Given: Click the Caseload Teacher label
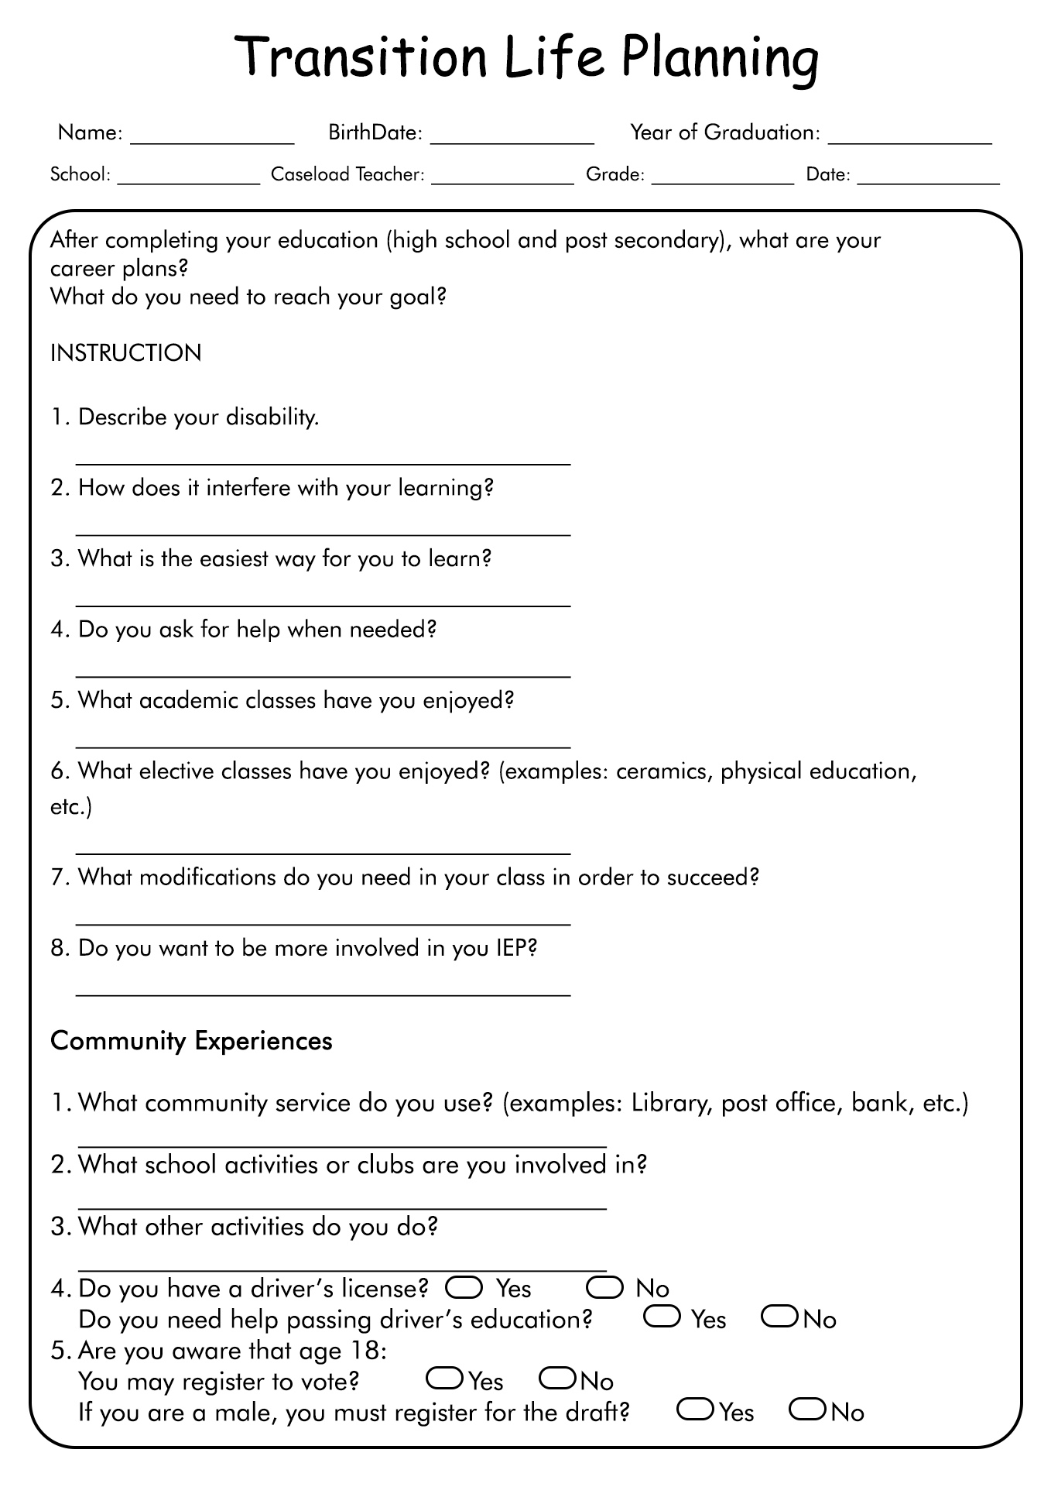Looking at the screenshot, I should (x=347, y=175).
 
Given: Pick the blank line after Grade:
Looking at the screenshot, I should (x=722, y=180).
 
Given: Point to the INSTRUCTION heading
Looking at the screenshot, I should (x=125, y=353).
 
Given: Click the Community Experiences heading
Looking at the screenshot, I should (x=191, y=1041).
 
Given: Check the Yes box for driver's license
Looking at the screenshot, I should (x=464, y=1287).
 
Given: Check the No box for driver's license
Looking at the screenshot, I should (x=604, y=1287).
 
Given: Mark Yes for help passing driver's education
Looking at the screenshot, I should (x=662, y=1317).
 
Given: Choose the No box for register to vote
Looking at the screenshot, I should (x=557, y=1379).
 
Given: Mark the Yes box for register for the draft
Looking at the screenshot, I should (x=695, y=1410).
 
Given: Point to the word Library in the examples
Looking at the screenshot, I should (x=670, y=1103).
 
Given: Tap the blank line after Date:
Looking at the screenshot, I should (x=928, y=180).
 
